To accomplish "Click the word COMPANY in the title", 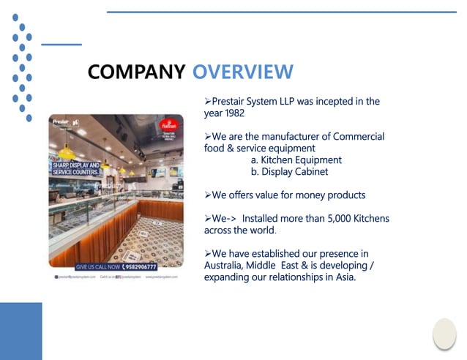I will click(x=135, y=72).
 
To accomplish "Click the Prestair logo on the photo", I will click(x=61, y=119).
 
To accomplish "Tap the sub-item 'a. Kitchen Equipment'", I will click(x=296, y=160).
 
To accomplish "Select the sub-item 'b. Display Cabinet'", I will click(x=289, y=172).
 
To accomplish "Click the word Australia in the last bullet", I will click(x=225, y=265).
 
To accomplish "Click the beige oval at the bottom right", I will click(x=444, y=334).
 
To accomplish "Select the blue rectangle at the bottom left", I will click(x=20, y=331).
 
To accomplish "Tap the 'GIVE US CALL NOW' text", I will click(x=100, y=266).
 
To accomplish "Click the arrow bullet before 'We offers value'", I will click(x=208, y=195).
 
